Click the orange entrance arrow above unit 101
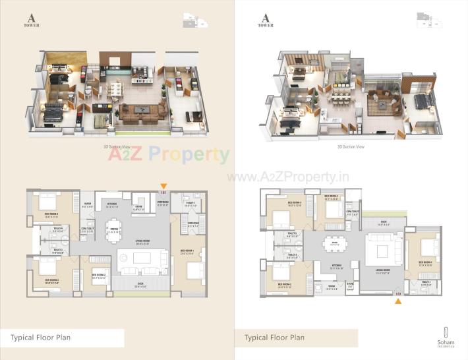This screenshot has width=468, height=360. (164, 187)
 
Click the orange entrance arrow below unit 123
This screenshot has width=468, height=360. (397, 301)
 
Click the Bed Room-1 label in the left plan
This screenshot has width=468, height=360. (187, 251)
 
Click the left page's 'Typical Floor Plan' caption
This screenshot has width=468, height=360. (41, 338)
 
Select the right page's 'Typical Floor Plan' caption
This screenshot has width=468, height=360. (274, 338)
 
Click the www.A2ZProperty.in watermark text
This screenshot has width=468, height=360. (288, 177)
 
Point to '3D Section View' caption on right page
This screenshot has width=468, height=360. (351, 147)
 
